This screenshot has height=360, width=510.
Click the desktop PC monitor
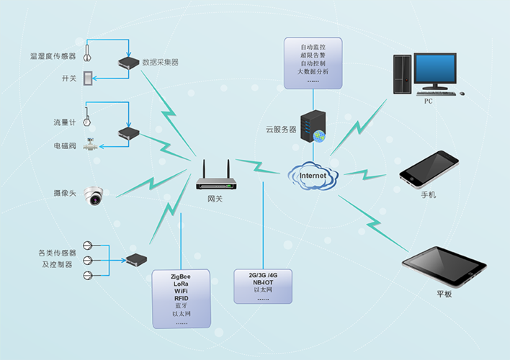(x=435, y=69)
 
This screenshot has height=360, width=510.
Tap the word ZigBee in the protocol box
(x=180, y=276)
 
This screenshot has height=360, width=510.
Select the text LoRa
(x=180, y=284)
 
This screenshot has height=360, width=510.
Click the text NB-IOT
(x=263, y=283)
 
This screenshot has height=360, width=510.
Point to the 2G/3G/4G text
(x=263, y=275)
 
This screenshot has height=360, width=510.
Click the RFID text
(x=180, y=299)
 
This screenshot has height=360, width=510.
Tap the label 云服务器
(x=281, y=130)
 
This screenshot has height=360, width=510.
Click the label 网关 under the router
(x=215, y=199)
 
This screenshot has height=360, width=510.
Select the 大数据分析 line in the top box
(x=313, y=72)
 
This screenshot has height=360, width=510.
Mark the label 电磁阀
(x=64, y=146)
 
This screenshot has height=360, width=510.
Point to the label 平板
(x=444, y=294)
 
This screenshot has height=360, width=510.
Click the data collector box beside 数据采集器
(x=128, y=64)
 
